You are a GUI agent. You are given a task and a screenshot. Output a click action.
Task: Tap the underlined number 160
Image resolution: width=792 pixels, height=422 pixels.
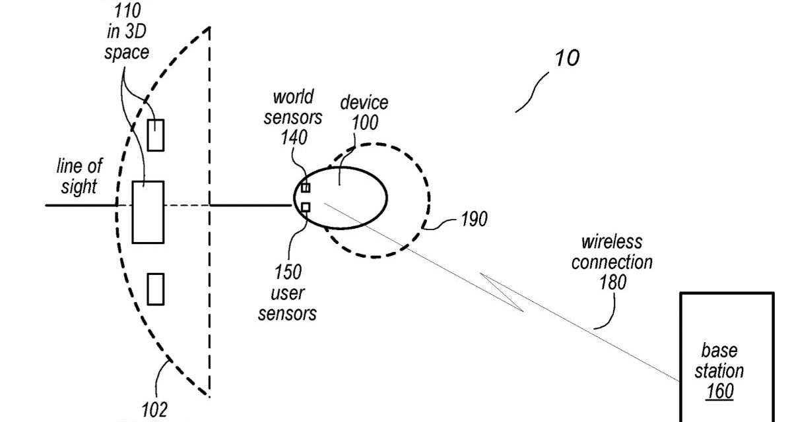[719, 391]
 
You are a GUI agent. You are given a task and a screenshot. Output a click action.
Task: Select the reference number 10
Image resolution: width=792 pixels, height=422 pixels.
[567, 58]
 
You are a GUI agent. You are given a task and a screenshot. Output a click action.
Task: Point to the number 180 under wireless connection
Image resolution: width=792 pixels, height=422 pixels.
[612, 282]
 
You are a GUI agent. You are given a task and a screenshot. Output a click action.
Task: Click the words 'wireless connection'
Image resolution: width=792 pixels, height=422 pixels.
[612, 253]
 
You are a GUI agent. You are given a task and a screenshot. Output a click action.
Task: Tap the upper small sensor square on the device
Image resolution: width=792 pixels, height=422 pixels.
[306, 188]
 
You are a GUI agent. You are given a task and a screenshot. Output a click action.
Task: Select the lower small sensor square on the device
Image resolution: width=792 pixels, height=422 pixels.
[306, 208]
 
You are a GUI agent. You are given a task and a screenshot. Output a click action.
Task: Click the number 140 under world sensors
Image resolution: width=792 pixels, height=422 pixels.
[294, 137]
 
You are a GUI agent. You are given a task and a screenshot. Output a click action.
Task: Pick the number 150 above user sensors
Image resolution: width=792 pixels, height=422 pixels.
[288, 271]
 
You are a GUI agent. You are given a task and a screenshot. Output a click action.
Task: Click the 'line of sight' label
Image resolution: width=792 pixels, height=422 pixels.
[79, 176]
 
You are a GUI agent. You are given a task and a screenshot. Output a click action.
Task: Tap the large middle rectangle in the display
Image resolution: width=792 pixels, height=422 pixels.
[147, 212]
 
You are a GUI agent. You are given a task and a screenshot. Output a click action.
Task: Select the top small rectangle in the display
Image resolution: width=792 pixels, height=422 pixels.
[155, 135]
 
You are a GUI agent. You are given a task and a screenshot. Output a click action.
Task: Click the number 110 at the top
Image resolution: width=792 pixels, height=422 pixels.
[127, 11]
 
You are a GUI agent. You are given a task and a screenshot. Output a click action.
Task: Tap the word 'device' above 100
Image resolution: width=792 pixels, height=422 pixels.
[363, 103]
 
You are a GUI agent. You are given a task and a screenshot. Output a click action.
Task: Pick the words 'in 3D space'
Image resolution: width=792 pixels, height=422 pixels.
[127, 42]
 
